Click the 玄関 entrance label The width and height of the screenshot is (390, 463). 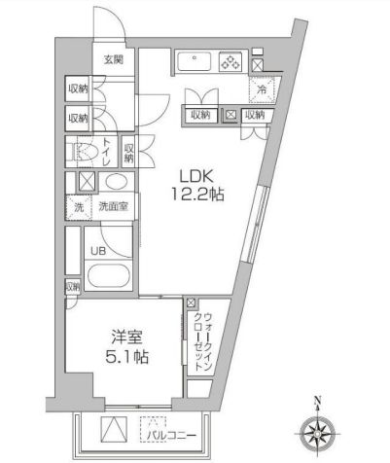coord(115,59)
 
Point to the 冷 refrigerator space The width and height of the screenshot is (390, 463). coord(260,89)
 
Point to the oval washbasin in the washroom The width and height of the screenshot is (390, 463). coord(115,181)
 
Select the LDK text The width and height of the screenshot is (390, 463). coord(195,176)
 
